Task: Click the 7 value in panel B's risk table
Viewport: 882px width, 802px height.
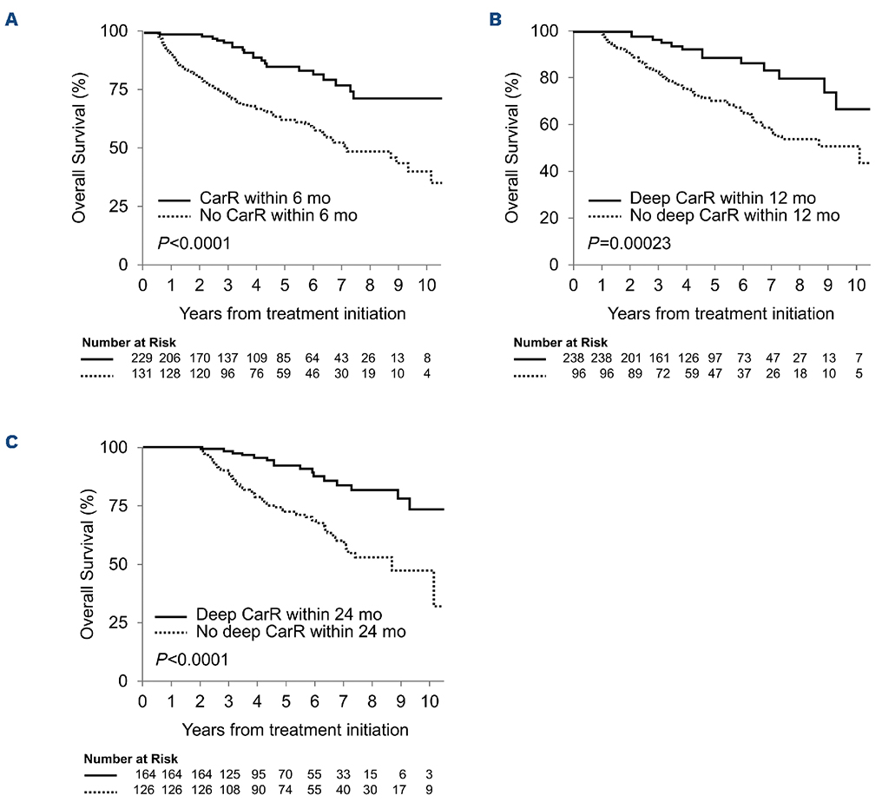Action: tap(855, 357)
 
